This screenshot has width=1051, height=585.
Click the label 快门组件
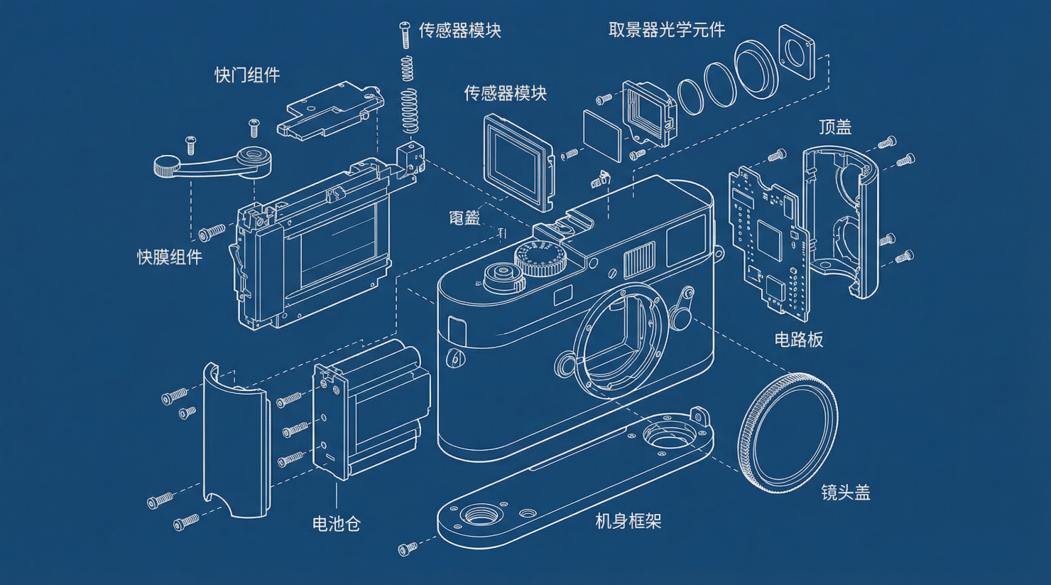[247, 75]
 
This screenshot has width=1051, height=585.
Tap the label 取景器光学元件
[667, 30]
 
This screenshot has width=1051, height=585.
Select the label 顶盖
[834, 127]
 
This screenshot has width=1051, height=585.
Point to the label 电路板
[798, 340]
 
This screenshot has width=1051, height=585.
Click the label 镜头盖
[845, 493]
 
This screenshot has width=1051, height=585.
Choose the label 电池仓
[337, 524]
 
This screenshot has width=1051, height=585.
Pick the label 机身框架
[628, 522]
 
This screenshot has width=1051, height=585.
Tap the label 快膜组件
[170, 257]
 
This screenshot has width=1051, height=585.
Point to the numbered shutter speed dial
[540, 258]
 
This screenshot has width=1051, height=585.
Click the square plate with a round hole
[797, 53]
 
